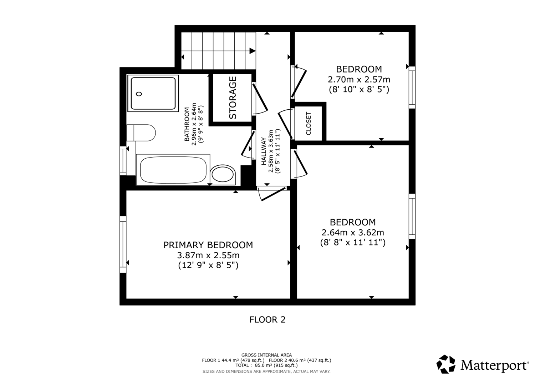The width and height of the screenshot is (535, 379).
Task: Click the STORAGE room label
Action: click(233, 98)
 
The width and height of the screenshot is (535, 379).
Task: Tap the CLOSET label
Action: click(309, 124)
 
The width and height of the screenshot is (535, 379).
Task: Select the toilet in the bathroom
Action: click(141, 133)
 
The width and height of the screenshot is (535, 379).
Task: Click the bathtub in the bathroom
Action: click(173, 170)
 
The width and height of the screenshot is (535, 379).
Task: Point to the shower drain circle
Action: click(139, 94)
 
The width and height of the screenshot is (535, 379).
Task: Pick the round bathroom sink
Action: click(223, 174)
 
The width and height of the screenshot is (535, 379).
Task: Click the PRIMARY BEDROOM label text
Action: click(208, 245)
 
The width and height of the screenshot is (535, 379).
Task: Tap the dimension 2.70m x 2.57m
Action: click(359, 79)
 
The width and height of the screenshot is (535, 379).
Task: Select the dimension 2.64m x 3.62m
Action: click(353, 232)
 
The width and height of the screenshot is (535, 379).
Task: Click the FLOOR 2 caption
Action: click(267, 320)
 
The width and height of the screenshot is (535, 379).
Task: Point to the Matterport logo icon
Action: click(446, 364)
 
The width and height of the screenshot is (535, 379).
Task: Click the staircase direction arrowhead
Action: click(253, 51)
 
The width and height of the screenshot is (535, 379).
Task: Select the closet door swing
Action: click(285, 124)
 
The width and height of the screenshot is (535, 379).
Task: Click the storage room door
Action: click(260, 99)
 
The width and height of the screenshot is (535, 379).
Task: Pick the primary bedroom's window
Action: click(123, 244)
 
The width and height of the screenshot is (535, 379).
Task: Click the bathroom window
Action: click(123, 161)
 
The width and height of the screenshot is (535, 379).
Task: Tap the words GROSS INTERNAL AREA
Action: click(266, 355)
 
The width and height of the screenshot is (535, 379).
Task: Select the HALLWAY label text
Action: click(264, 151)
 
